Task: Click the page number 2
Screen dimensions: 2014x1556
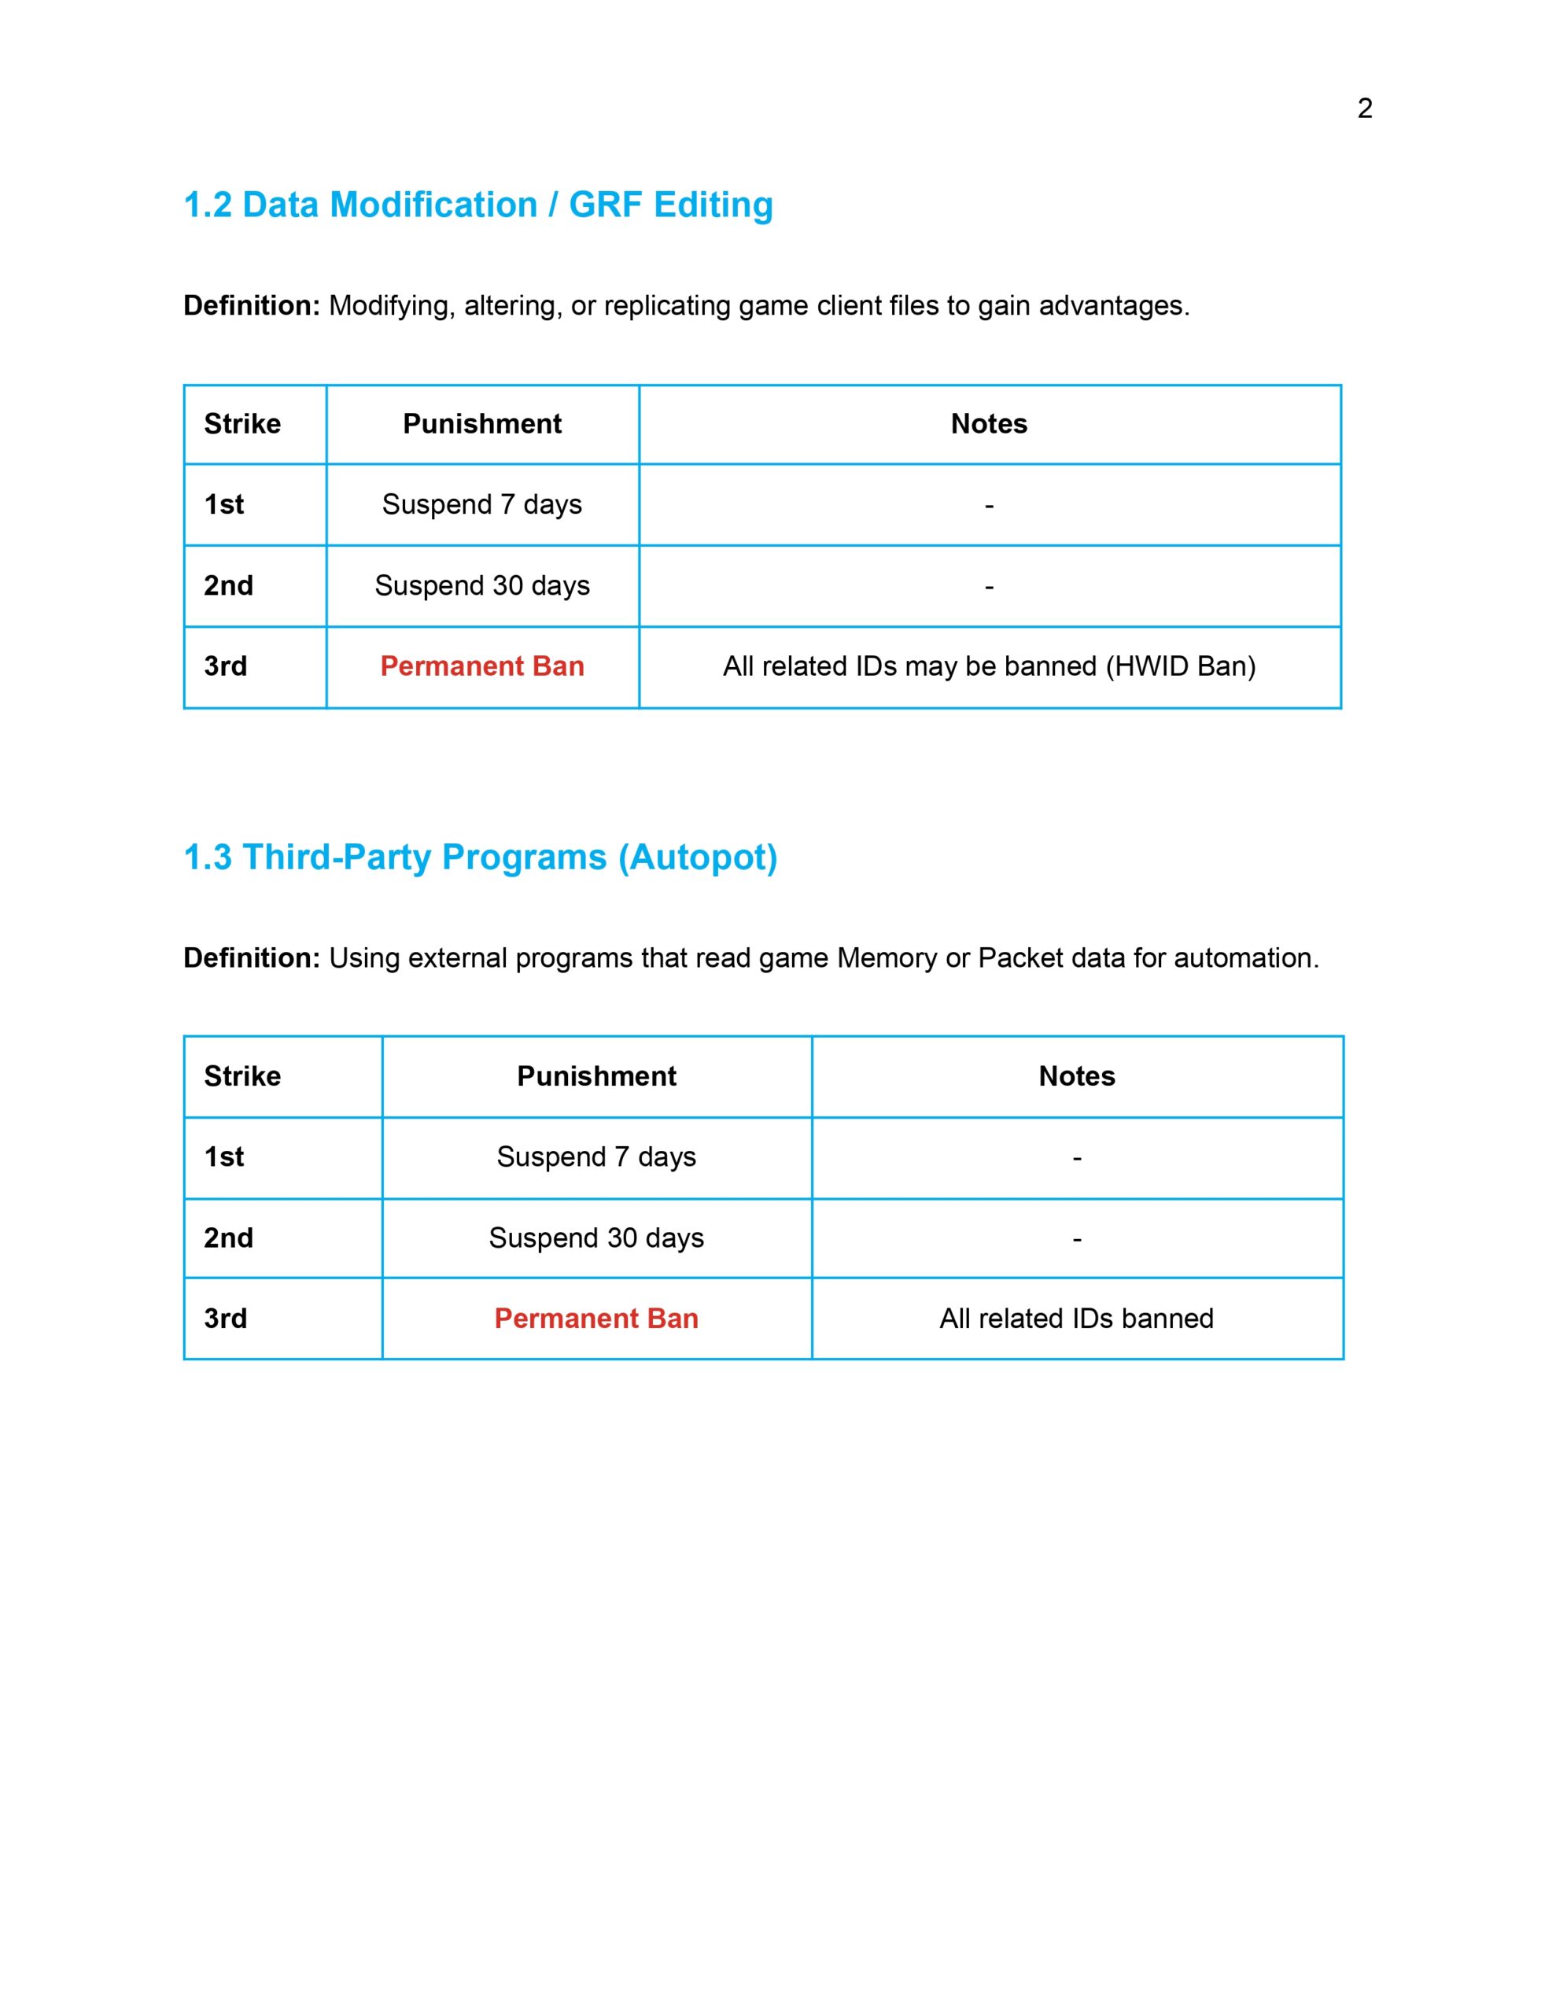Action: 1364,109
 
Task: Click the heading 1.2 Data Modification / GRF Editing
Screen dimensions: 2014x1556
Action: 477,205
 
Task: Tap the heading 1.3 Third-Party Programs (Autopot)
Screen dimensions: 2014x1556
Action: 480,857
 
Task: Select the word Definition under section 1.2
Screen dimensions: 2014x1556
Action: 251,305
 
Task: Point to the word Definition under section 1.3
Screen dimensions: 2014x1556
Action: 251,957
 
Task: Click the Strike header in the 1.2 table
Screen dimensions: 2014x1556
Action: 242,424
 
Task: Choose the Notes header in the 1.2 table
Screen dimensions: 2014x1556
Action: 989,424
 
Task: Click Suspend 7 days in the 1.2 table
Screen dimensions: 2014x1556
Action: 481,504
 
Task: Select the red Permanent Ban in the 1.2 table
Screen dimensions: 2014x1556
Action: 481,666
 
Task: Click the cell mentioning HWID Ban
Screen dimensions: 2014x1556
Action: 989,666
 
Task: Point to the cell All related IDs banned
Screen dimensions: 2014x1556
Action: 1075,1318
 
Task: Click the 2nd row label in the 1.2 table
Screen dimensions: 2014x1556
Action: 228,585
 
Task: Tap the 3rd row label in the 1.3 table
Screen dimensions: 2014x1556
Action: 225,1318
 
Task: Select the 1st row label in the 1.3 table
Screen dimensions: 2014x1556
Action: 223,1156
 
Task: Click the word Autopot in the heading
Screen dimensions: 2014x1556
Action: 699,857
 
